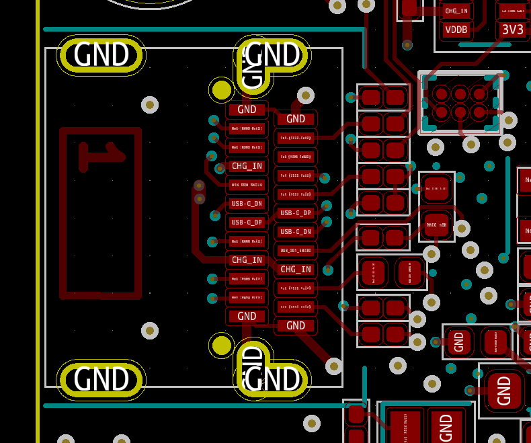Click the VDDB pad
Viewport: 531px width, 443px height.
pyautogui.click(x=456, y=30)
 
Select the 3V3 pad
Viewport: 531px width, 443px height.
pyautogui.click(x=513, y=30)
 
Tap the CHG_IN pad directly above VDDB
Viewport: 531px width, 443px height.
pyautogui.click(x=456, y=10)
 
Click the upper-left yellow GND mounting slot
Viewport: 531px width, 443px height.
pyautogui.click(x=101, y=55)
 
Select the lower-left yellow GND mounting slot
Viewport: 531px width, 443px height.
pyautogui.click(x=101, y=379)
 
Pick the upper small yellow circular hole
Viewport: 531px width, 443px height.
pyautogui.click(x=222, y=89)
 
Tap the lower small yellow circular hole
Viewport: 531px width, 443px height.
pyautogui.click(x=222, y=345)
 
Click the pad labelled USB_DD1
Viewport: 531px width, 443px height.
pyautogui.click(x=296, y=251)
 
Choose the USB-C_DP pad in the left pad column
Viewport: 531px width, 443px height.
pyautogui.click(x=247, y=222)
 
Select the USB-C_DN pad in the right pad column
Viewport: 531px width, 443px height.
pyautogui.click(x=296, y=232)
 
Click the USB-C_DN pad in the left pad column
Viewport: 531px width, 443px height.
pyautogui.click(x=247, y=203)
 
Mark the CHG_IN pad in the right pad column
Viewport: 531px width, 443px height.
pyautogui.click(x=296, y=270)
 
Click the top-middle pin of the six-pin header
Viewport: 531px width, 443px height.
pyautogui.click(x=460, y=93)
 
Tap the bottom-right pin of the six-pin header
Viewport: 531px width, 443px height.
pyautogui.click(x=479, y=112)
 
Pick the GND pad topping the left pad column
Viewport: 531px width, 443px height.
pyautogui.click(x=247, y=109)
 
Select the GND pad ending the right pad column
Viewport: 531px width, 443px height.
pyautogui.click(x=296, y=325)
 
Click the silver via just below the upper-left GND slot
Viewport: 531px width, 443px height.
pyautogui.click(x=150, y=105)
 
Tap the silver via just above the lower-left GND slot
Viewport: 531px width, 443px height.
pyautogui.click(x=150, y=331)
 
